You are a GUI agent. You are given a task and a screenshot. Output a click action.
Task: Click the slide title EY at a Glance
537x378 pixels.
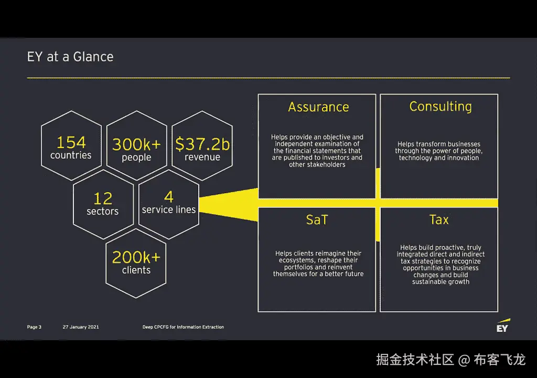[70, 57]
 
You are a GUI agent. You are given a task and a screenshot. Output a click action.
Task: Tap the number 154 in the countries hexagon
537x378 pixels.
[71, 142]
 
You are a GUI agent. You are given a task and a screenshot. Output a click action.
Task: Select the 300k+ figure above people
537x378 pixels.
[136, 144]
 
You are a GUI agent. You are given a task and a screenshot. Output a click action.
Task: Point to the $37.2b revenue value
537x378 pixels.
[202, 144]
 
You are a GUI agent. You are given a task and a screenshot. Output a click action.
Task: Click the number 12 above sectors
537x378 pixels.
[103, 198]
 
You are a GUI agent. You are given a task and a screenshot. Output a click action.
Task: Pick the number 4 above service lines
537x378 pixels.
[169, 197]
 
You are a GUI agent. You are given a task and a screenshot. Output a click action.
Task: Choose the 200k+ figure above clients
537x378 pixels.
[136, 257]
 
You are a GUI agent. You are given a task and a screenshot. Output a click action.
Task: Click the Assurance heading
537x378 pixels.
[318, 107]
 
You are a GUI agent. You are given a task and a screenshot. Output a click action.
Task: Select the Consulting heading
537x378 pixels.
[441, 107]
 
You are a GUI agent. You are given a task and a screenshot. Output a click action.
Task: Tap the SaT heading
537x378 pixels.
[317, 220]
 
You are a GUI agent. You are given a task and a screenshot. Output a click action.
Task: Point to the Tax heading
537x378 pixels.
[439, 219]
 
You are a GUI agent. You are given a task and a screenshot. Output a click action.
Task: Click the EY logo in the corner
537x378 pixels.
[503, 325]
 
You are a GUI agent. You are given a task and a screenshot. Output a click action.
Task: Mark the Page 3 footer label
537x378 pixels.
[34, 327]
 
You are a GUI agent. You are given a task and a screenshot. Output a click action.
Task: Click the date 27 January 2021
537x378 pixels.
[81, 327]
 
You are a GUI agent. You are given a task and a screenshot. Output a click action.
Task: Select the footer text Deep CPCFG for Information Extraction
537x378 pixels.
[183, 327]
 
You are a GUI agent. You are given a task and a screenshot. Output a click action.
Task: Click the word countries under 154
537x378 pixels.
[71, 155]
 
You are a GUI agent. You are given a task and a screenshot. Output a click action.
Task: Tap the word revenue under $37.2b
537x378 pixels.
[202, 157]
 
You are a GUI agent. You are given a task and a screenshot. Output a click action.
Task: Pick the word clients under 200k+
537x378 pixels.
[136, 270]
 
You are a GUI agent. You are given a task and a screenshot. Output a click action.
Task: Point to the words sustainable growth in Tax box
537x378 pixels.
[441, 282]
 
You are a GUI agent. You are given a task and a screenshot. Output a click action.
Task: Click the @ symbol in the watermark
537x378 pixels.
[464, 360]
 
